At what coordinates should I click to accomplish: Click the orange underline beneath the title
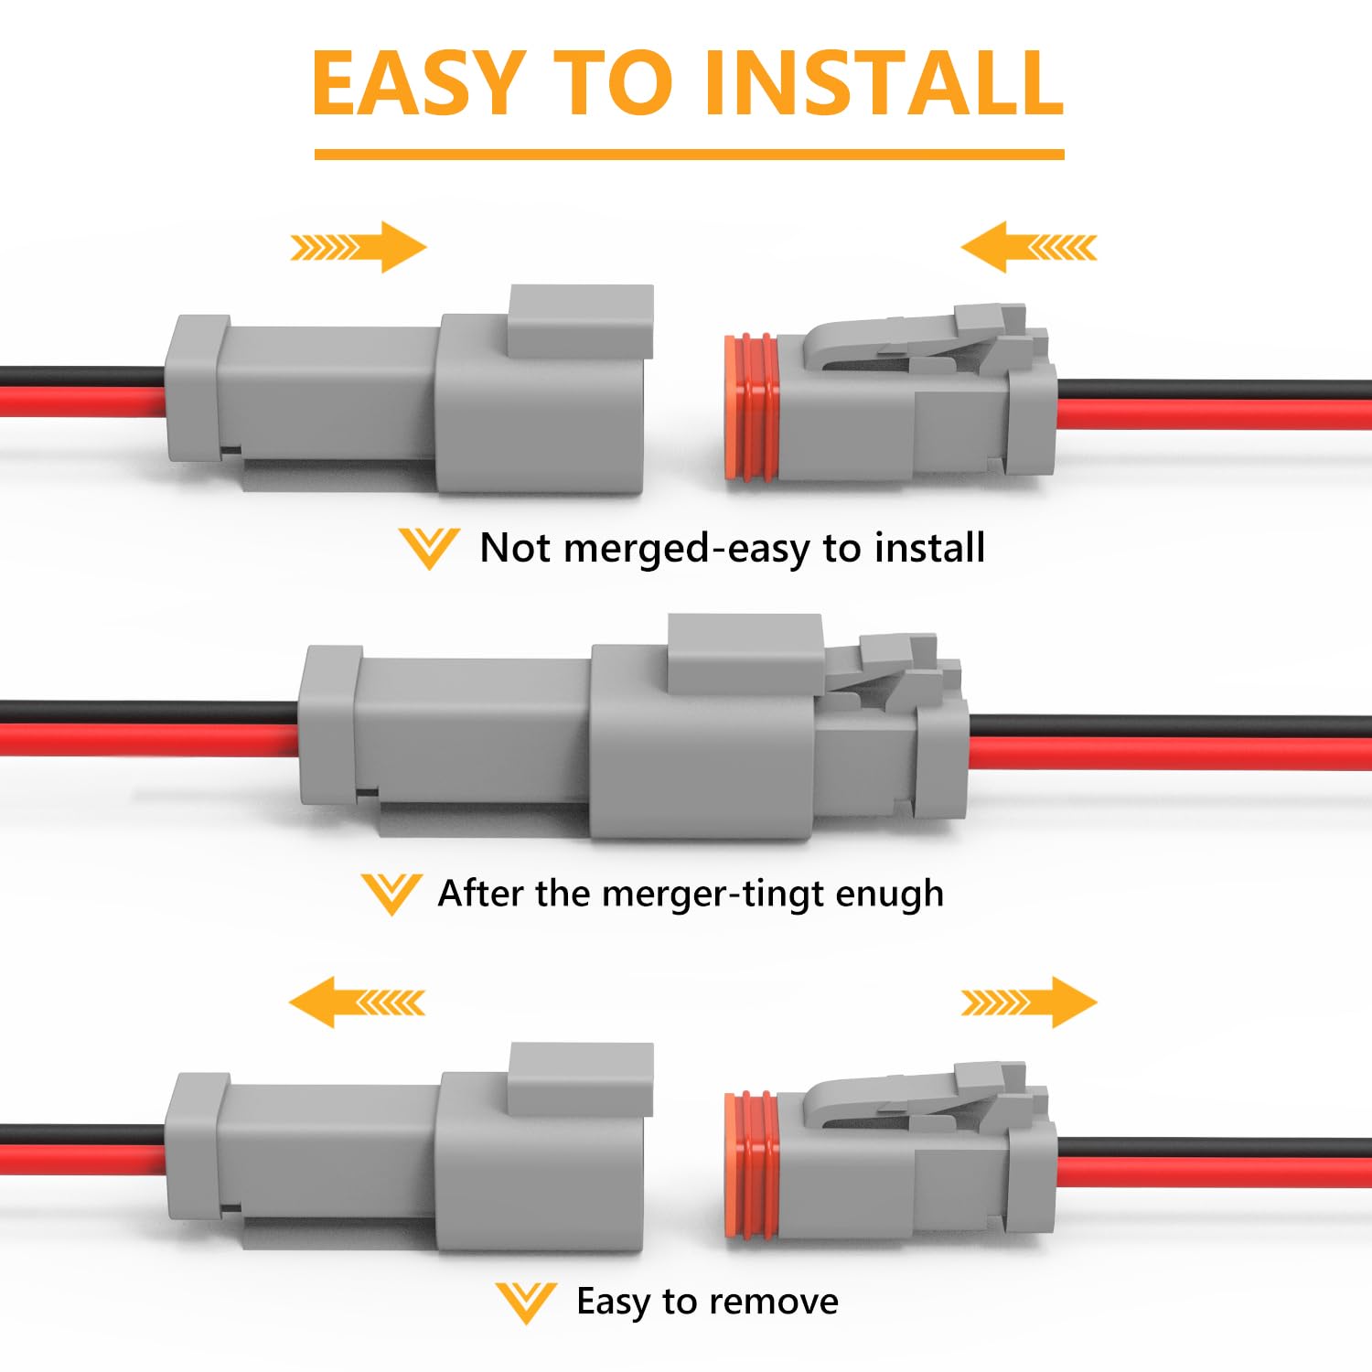(689, 155)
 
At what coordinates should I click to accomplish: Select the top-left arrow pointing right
(359, 247)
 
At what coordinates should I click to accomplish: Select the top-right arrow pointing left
(1028, 247)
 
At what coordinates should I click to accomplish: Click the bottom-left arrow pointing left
(357, 1002)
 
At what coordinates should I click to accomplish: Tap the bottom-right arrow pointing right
(1029, 1002)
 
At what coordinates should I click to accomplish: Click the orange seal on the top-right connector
(751, 407)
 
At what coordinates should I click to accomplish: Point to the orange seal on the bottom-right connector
(751, 1164)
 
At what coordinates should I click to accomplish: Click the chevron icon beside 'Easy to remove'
(526, 1302)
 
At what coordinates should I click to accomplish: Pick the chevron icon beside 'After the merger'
(391, 894)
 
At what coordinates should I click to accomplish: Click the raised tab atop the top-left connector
(581, 320)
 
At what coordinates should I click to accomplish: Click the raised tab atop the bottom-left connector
(581, 1077)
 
